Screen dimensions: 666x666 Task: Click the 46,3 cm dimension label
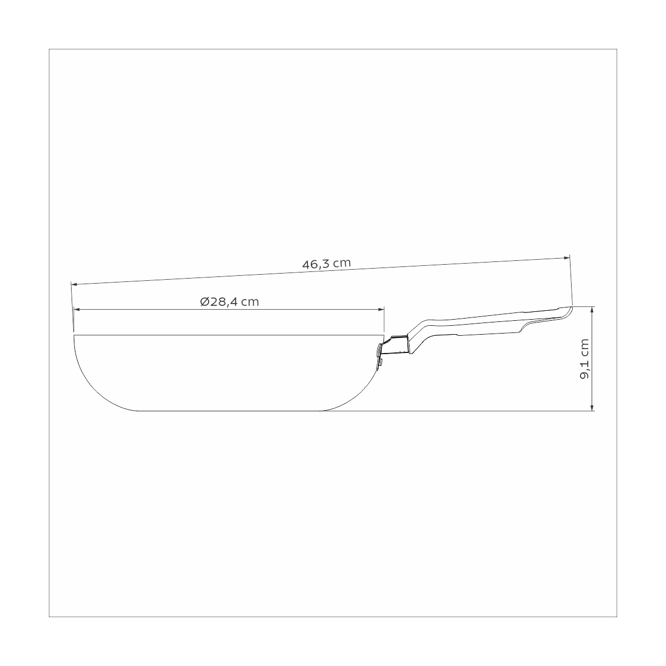[x=326, y=264]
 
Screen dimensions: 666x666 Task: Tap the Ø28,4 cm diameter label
[x=229, y=302]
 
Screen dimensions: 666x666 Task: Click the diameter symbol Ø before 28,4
[x=205, y=302]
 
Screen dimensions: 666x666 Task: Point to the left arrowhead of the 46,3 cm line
[x=74, y=284]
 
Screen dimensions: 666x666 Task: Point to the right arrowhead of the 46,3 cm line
[x=567, y=258]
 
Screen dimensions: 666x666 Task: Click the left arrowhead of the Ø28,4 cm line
[x=77, y=309]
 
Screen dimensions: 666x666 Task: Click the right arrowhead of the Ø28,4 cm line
[x=381, y=309]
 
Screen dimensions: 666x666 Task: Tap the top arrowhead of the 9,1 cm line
[x=592, y=310]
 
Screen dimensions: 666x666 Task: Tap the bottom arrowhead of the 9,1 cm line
[x=592, y=407]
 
